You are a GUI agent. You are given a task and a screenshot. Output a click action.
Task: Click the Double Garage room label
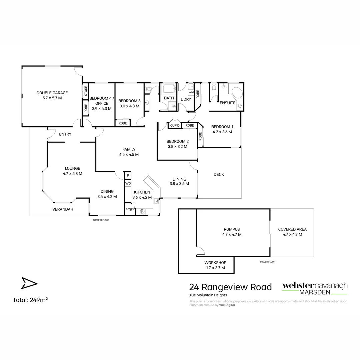tap(52, 93)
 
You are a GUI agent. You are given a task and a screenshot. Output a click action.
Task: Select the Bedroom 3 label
tap(129, 101)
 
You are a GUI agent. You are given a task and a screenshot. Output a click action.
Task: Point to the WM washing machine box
tap(191, 92)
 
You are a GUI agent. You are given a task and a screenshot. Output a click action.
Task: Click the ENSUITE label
tap(227, 103)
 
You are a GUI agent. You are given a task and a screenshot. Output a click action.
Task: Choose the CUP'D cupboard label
tap(175, 126)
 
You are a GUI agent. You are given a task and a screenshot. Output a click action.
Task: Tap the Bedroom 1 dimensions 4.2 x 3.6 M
tap(222, 132)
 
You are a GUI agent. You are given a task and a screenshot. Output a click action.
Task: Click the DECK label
tap(219, 175)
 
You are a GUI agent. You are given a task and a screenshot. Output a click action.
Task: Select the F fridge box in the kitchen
tap(128, 176)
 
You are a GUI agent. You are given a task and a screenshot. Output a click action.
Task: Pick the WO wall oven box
tap(128, 184)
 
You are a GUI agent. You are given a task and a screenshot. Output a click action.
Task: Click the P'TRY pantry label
tap(129, 210)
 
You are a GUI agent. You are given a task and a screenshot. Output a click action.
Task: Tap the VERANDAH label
tap(63, 209)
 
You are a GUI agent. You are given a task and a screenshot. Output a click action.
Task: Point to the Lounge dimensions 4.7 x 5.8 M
tap(72, 174)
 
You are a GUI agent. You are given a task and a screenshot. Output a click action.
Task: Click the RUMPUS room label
tap(232, 229)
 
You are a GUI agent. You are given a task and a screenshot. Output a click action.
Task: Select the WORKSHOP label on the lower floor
tap(215, 263)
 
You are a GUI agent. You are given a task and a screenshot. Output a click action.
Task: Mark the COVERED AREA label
tap(292, 229)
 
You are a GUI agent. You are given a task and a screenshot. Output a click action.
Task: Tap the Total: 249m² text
tap(30, 300)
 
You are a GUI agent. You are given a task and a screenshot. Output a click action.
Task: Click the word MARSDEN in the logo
tap(315, 292)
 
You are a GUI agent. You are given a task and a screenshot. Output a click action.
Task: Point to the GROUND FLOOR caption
tap(101, 220)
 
